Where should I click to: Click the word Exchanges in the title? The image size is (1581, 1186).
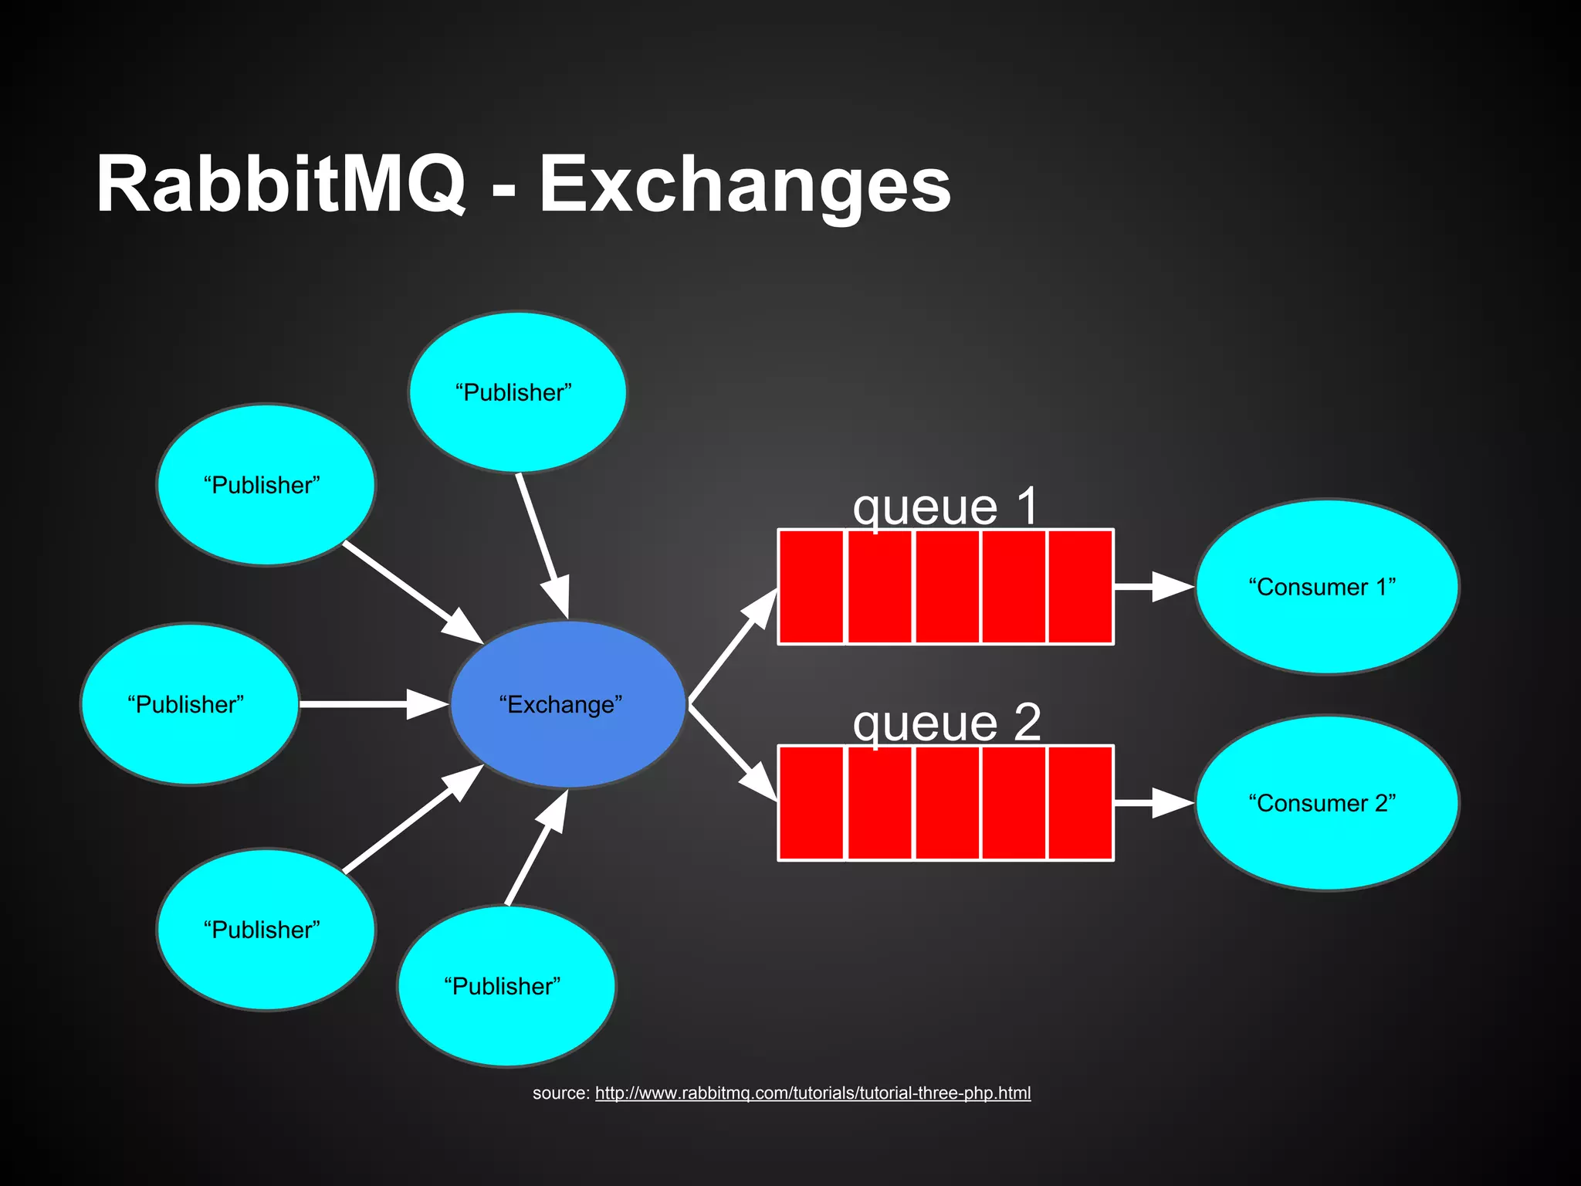(745, 185)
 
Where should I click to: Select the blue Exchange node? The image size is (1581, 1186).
(567, 704)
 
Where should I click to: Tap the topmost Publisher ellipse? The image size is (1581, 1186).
(517, 392)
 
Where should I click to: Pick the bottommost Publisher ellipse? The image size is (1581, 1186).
(506, 986)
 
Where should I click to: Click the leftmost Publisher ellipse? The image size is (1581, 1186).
(189, 704)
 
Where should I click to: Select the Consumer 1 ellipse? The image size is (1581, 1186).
(1326, 587)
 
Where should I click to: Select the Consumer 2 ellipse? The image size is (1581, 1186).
(1326, 803)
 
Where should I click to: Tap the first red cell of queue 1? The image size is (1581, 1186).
(811, 587)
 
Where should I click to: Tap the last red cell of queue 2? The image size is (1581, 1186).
(1080, 803)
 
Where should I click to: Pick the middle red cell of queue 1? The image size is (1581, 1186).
(947, 587)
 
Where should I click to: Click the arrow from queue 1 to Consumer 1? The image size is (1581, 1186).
(1153, 587)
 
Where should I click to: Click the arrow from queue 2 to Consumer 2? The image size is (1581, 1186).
(1153, 803)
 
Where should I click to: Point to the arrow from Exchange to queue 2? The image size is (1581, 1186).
(733, 752)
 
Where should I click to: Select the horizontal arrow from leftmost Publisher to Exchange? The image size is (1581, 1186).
(371, 704)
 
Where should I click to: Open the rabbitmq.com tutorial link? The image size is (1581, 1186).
(812, 1093)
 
